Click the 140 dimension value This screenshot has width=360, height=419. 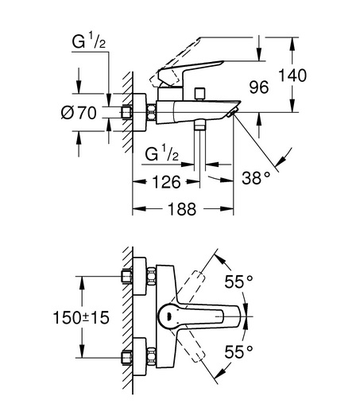(292, 75)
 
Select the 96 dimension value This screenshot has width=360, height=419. (259, 87)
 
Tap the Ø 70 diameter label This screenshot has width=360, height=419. (79, 112)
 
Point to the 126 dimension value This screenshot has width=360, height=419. (166, 182)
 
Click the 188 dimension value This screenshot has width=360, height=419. (182, 208)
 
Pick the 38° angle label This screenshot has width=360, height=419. (256, 178)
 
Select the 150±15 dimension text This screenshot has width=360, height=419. (81, 318)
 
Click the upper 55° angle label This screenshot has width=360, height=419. (238, 281)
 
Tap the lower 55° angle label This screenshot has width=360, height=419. (238, 351)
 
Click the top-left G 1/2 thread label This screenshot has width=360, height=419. (89, 41)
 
